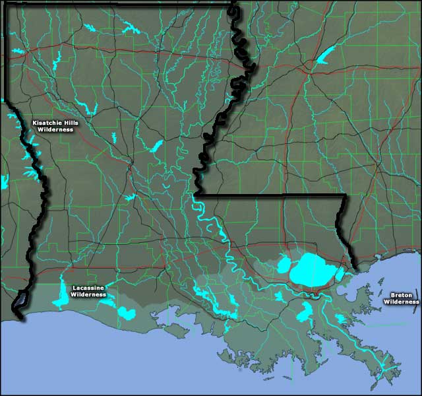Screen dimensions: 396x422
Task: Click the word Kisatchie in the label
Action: tap(47, 123)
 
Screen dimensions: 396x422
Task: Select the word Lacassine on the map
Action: tap(88, 288)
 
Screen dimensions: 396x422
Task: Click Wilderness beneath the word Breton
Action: tap(401, 301)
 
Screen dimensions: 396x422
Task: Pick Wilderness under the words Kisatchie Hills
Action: tap(55, 129)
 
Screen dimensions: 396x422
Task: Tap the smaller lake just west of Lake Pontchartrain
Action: tap(284, 265)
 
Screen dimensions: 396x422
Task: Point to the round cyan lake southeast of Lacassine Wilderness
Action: tap(127, 312)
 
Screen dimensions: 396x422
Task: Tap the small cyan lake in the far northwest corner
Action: tap(17, 51)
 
